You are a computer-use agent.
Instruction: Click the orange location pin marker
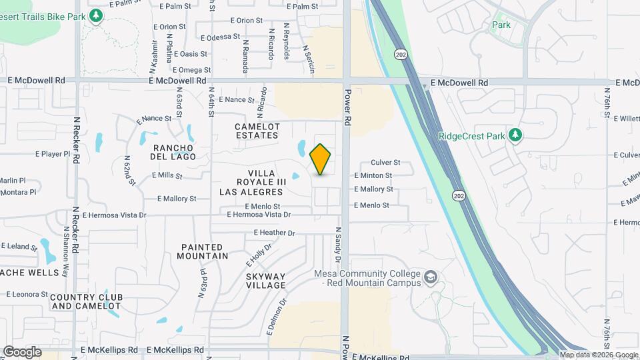(x=321, y=159)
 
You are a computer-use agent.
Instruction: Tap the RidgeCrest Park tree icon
(x=515, y=136)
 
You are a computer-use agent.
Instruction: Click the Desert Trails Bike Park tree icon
(x=96, y=15)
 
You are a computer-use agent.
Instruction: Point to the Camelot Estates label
(x=257, y=131)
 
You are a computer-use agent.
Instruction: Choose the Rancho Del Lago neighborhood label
(x=175, y=152)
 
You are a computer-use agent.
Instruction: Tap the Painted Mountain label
(x=204, y=251)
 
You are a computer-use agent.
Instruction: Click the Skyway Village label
(x=266, y=281)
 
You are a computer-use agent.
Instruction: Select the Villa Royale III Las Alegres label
(x=253, y=187)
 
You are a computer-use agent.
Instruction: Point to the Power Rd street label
(x=347, y=109)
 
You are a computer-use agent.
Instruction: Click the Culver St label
(x=385, y=162)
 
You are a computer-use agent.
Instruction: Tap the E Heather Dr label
(x=274, y=233)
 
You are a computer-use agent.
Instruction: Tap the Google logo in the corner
(x=21, y=351)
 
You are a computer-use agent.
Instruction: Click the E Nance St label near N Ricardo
(x=237, y=100)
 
